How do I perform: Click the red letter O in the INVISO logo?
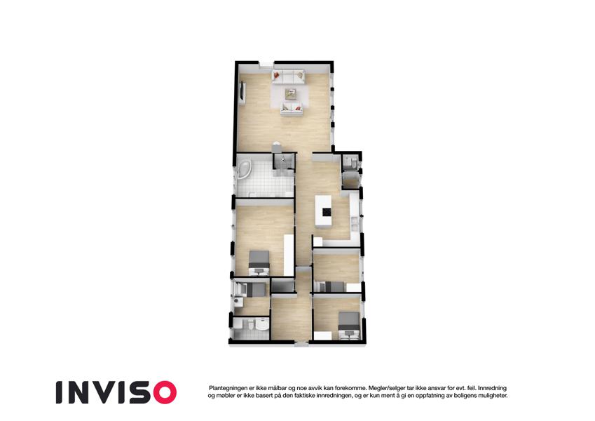[x=163, y=392]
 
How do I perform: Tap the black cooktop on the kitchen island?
[x=327, y=212]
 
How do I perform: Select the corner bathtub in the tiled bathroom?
[x=243, y=170]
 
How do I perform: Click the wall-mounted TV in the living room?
[x=242, y=92]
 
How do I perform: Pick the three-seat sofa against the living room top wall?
[x=289, y=75]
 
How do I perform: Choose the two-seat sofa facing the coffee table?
[x=292, y=109]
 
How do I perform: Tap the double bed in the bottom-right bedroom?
[x=349, y=326]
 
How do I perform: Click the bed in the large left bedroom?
[x=259, y=262]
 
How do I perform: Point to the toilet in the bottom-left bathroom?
[x=249, y=326]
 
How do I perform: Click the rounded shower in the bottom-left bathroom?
[x=262, y=325]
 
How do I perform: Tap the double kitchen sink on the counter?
[x=355, y=224]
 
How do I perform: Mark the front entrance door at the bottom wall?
[x=301, y=345]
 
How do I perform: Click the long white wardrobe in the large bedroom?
[x=289, y=255]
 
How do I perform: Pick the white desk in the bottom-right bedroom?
[x=322, y=335]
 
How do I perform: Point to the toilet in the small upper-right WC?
[x=351, y=163]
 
